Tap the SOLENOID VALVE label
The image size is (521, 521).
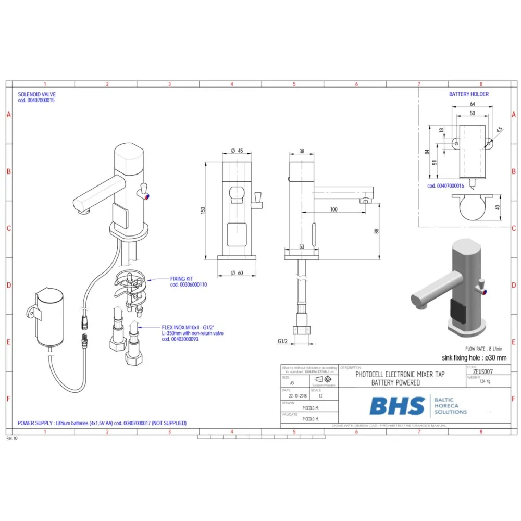[x=36, y=94]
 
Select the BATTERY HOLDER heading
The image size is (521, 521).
[x=469, y=94]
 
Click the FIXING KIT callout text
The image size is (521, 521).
[x=181, y=279]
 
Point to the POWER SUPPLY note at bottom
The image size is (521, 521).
[x=102, y=423]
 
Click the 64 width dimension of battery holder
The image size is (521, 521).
[x=472, y=104]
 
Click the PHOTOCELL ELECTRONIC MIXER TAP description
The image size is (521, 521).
[x=400, y=374]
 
